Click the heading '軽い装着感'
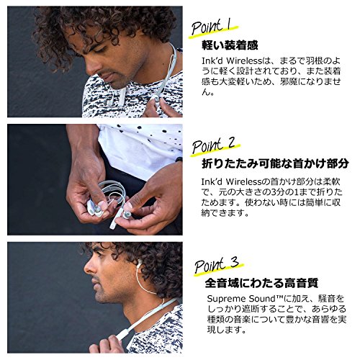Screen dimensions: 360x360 (230, 45)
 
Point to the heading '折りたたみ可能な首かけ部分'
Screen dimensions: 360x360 (275, 163)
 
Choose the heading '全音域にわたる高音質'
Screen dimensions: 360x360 (261, 283)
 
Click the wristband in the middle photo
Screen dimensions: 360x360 (179, 160)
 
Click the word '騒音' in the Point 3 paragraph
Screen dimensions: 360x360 (327, 299)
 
